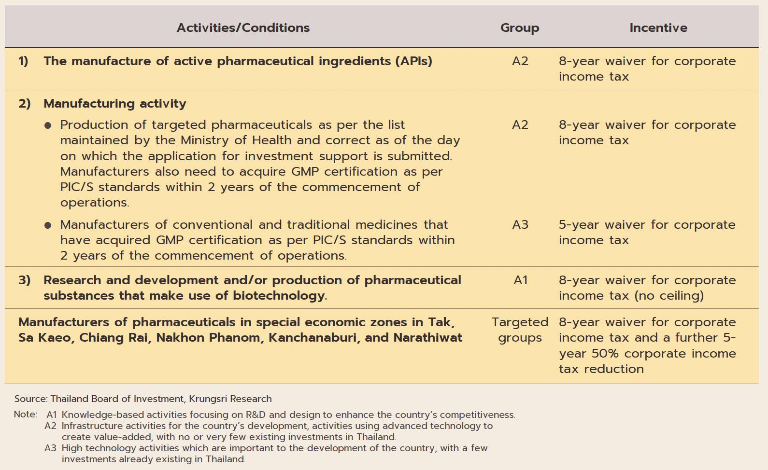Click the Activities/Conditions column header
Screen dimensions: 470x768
pos(243,28)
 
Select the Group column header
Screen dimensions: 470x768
pos(520,28)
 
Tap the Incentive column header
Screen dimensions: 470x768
pos(658,28)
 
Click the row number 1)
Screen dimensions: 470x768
pos(23,61)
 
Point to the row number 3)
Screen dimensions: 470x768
pos(24,280)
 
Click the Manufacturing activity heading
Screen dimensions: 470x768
pos(114,104)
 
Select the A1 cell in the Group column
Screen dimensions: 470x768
pos(520,280)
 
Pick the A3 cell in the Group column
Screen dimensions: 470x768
pos(520,225)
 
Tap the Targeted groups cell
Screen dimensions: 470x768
pos(520,330)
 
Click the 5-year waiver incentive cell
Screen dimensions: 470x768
pos(647,232)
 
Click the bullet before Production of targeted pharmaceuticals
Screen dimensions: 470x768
pos(48,125)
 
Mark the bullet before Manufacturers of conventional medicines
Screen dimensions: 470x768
pos(48,225)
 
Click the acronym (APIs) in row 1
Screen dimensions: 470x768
pos(413,61)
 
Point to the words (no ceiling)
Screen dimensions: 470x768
pos(668,296)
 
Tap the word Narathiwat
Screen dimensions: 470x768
pos(427,338)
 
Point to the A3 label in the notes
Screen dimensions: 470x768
pos(50,448)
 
